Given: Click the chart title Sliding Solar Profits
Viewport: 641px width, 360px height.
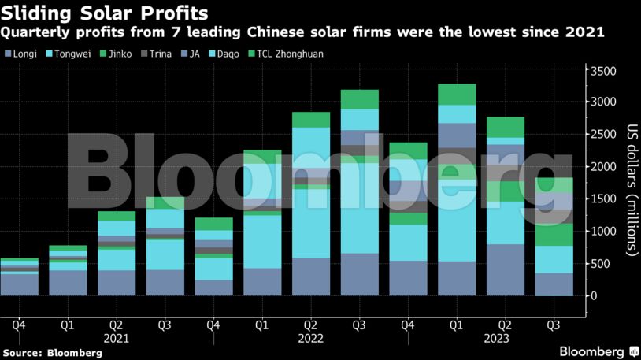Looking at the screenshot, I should (x=105, y=13).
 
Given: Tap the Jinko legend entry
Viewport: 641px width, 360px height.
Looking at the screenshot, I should (x=128, y=54).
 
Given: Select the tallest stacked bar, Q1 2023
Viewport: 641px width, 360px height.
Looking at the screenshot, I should (x=458, y=189).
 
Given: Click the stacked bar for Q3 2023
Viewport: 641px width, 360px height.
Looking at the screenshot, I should (x=554, y=236).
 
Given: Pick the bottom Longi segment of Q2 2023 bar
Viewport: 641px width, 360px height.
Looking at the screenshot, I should (x=506, y=269).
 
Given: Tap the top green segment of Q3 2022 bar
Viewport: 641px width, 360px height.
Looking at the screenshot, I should (x=361, y=99).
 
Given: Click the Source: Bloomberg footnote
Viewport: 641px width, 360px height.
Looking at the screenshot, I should (x=52, y=353).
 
